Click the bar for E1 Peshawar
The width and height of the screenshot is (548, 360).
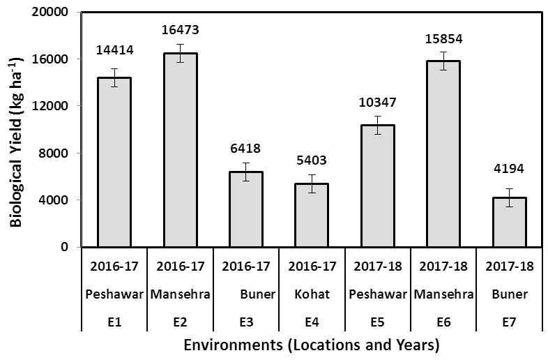(x=114, y=163)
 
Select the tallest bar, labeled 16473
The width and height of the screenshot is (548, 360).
(x=181, y=150)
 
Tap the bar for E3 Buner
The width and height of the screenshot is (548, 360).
(x=246, y=209)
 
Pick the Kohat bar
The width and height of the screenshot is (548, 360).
(x=312, y=215)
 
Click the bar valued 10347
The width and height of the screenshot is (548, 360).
(x=378, y=186)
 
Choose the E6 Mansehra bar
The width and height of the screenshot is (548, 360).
(x=443, y=154)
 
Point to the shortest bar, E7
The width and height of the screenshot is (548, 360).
(x=509, y=223)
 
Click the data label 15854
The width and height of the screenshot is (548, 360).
(x=443, y=39)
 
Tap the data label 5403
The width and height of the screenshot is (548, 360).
(x=312, y=160)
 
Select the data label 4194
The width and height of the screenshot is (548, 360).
(x=509, y=169)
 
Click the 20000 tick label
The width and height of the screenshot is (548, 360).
(x=50, y=12)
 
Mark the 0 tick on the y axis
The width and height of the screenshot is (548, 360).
(x=64, y=247)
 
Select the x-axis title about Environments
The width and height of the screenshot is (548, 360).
(x=312, y=345)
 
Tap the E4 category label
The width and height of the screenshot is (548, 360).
(x=312, y=322)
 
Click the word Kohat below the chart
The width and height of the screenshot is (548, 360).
(x=312, y=294)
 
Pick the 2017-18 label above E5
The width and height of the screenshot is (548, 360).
(x=378, y=267)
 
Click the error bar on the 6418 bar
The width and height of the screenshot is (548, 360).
(x=246, y=172)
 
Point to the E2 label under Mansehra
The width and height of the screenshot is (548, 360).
(x=181, y=322)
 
